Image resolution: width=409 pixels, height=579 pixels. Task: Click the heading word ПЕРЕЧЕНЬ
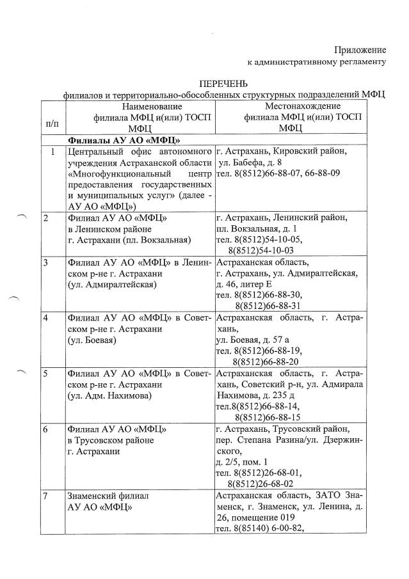pyautogui.click(x=223, y=83)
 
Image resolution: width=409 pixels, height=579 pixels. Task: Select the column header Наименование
pyautogui.click(x=152, y=106)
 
